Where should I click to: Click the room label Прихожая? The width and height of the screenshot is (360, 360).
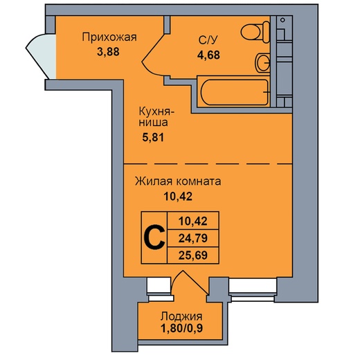109,37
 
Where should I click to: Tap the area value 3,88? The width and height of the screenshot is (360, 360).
108,52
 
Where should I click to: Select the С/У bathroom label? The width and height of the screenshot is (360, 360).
208,40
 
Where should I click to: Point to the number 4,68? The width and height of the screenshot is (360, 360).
208,55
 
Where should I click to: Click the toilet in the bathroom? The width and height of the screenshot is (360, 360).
255,32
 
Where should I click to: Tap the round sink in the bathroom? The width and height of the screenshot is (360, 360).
262,63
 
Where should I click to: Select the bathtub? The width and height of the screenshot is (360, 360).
235,92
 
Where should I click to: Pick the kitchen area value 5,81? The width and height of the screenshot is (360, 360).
153,138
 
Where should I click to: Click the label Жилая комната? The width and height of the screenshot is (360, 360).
178,181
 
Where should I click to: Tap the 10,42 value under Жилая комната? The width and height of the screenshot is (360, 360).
178,197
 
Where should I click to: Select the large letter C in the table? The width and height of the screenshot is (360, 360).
154,237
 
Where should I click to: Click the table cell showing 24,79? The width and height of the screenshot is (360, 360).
193,238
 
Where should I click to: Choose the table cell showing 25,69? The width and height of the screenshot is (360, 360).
193,255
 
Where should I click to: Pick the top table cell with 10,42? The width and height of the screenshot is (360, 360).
193,221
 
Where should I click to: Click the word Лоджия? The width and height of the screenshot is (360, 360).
181,316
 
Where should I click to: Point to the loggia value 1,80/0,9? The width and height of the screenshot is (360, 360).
181,329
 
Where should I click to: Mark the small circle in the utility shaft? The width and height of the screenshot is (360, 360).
282,20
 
